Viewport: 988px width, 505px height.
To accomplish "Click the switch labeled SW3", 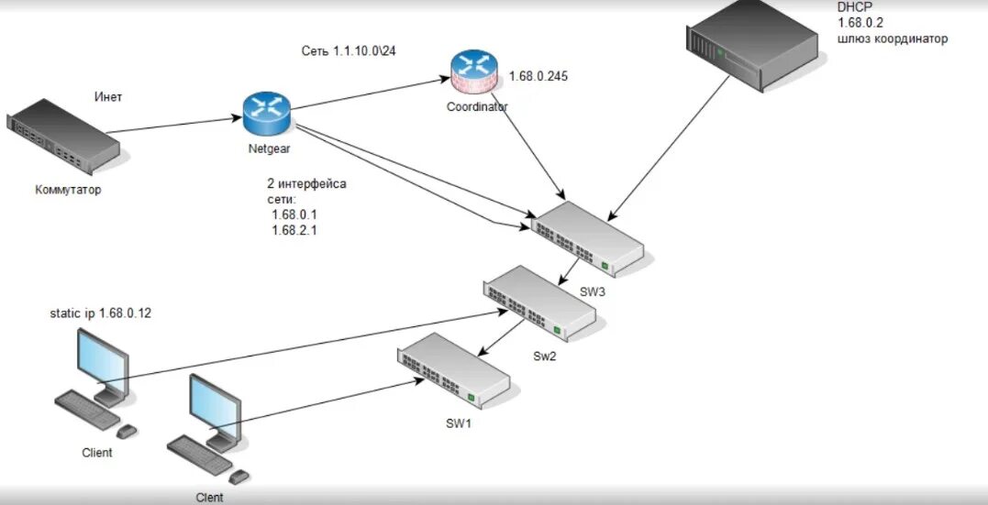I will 589,239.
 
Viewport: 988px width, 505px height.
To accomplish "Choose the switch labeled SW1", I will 453,370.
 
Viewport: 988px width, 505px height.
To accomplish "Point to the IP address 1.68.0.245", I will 537,76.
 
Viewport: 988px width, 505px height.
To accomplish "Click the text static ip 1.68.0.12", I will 101,313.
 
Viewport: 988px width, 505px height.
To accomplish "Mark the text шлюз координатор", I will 892,39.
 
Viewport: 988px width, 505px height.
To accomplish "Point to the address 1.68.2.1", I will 294,230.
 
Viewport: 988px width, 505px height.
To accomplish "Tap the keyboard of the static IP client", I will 87,408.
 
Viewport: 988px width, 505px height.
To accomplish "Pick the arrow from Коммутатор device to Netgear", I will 174,126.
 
